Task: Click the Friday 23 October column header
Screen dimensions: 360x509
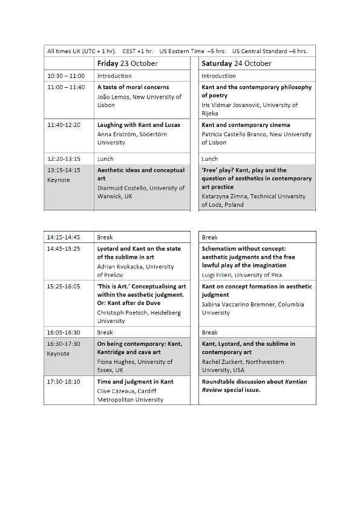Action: (x=127, y=63)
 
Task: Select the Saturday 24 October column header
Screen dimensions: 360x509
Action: (x=237, y=63)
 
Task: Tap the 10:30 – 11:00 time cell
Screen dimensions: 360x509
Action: (x=66, y=76)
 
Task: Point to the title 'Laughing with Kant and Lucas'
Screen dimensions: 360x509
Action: (x=139, y=125)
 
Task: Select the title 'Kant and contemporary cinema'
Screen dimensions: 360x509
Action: (x=246, y=125)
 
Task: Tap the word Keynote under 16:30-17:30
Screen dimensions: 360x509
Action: (x=58, y=354)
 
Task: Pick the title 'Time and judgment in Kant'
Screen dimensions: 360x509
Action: (x=135, y=382)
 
